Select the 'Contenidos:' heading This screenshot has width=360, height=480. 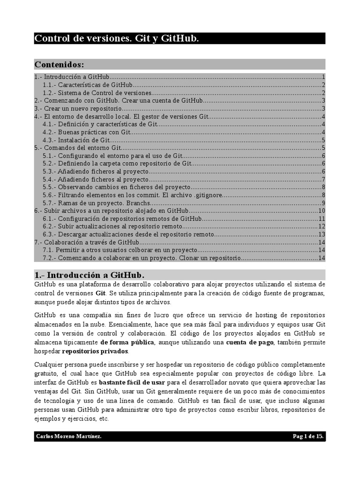tap(60, 64)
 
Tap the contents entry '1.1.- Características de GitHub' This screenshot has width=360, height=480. tap(87, 85)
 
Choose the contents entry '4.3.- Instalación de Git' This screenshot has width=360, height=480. tap(76, 140)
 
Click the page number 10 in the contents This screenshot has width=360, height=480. tap(322, 211)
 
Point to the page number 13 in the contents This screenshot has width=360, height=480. tap(322, 234)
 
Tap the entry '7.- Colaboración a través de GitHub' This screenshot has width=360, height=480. tap(87, 242)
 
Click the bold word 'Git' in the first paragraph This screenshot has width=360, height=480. tap(100, 293)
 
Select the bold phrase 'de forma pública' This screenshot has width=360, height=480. tap(127, 342)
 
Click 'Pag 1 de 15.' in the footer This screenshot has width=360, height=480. tap(308, 436)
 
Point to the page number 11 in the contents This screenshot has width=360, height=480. tap(322, 218)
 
